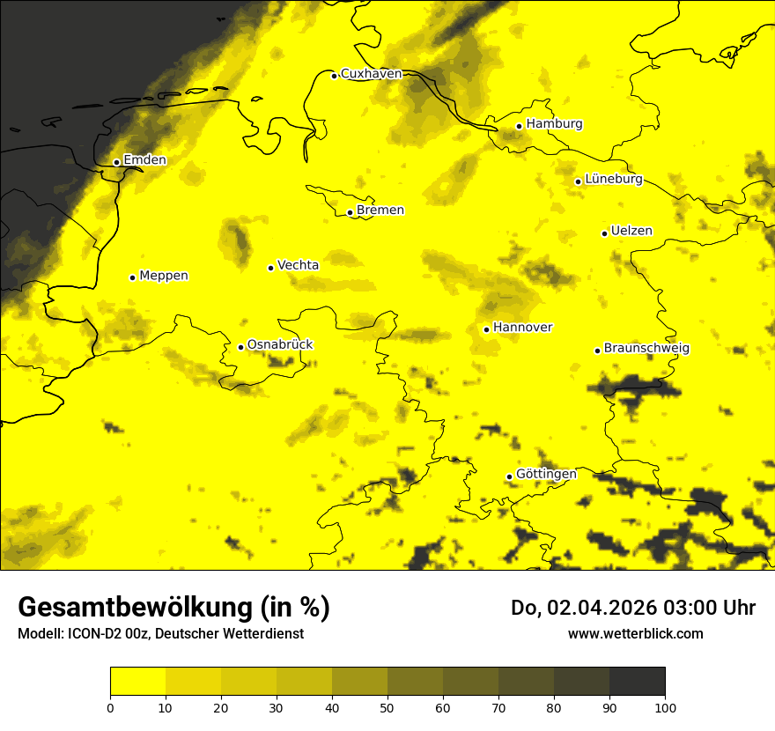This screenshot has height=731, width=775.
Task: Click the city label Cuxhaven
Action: [371, 74]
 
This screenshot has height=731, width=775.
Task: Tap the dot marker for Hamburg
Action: [520, 126]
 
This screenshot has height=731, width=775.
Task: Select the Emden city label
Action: [144, 160]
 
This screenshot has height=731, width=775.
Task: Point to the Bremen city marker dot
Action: [350, 212]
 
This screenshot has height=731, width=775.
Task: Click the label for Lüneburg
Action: [614, 180]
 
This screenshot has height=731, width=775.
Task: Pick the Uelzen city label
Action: [631, 232]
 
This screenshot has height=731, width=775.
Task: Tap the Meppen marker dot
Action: [132, 277]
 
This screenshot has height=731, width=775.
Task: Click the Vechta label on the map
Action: [298, 265]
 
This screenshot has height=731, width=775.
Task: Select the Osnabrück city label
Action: [280, 345]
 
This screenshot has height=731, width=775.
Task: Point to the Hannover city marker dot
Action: [486, 329]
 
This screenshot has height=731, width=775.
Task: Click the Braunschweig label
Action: [646, 349]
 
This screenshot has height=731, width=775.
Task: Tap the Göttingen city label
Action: [546, 475]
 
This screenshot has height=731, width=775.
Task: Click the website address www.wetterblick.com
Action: [635, 633]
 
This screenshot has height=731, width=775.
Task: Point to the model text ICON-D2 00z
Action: [110, 634]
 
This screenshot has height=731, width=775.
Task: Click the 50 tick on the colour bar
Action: [387, 707]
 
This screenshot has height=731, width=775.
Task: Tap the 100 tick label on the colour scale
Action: [665, 707]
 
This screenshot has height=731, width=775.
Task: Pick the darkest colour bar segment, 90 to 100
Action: [637, 681]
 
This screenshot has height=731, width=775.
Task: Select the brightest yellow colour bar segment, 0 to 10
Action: [138, 681]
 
